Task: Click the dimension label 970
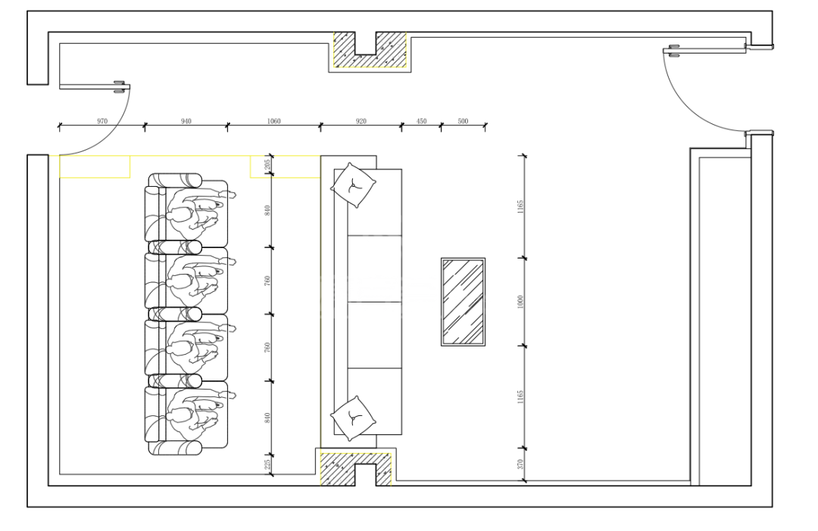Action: coord(102,121)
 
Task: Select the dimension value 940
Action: coord(186,121)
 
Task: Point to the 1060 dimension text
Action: coord(273,121)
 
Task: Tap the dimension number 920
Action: coord(361,121)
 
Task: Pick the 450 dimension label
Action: coord(422,121)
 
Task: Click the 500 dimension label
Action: coord(463,121)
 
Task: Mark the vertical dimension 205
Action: coord(267,165)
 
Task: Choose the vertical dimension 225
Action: coord(267,464)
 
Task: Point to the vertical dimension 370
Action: coord(520,464)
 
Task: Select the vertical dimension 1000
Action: coord(520,302)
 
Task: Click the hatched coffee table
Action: coord(464,302)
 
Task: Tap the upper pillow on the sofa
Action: coord(353,185)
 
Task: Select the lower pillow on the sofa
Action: coord(353,418)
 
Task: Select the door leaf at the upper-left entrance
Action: coord(94,86)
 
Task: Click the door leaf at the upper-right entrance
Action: coord(704,50)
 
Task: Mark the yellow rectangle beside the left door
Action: coord(95,166)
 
